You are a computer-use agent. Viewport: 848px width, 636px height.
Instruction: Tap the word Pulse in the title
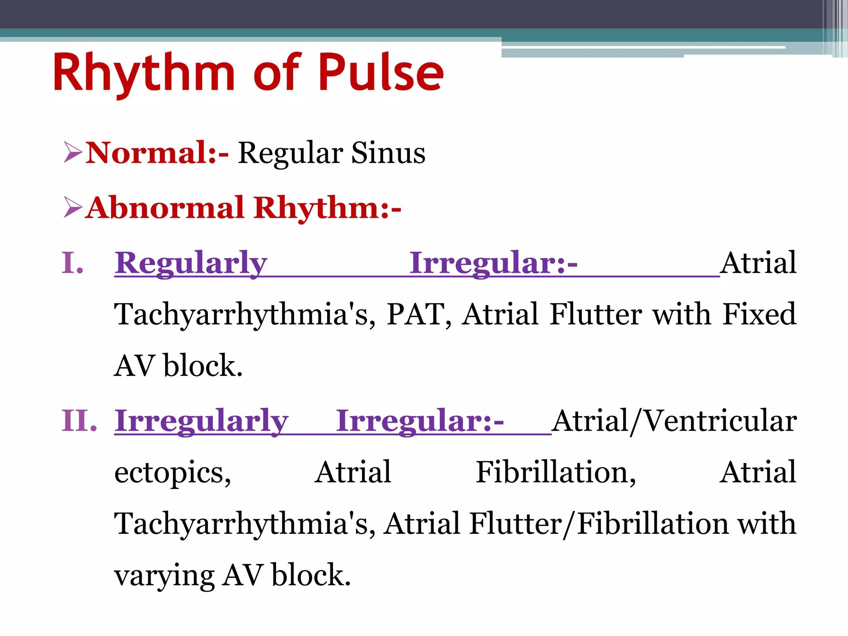(381, 74)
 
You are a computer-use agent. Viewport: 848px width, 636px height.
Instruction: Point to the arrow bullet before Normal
(73, 152)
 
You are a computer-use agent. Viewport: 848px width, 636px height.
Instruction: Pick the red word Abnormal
(166, 208)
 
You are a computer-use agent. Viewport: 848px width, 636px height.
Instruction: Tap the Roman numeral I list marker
(73, 263)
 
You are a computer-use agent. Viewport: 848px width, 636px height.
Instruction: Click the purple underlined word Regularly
(191, 263)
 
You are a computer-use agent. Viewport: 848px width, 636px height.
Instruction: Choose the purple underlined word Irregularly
(201, 421)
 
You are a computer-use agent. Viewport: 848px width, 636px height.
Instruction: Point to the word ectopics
(172, 473)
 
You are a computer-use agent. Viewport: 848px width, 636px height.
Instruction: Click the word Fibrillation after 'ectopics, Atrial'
(555, 472)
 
